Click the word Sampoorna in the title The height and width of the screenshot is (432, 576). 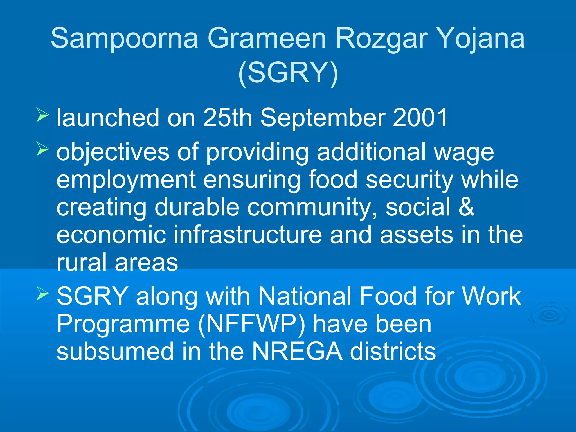(x=124, y=39)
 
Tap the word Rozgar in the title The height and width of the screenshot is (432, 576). (x=382, y=39)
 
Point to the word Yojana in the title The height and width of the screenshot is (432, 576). (x=481, y=39)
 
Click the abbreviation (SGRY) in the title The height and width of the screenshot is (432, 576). (x=288, y=73)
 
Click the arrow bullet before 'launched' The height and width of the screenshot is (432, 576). (x=42, y=116)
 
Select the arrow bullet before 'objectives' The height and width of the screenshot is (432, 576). (x=42, y=149)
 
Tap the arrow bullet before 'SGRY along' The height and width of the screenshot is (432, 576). (x=42, y=294)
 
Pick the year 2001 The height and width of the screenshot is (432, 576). (x=420, y=118)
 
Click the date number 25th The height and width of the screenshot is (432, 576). (x=227, y=118)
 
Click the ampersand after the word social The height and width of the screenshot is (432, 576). (x=466, y=207)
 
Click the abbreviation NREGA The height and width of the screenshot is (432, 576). (x=297, y=352)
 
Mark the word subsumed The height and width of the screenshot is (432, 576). (x=115, y=352)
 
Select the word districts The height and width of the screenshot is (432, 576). (x=393, y=352)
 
